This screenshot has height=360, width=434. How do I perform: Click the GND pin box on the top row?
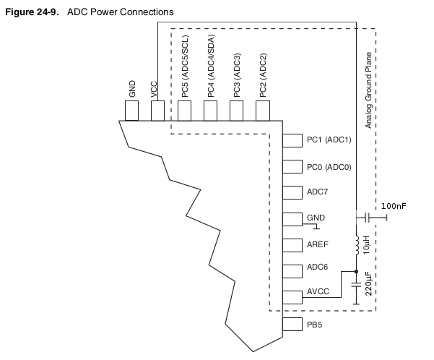132,111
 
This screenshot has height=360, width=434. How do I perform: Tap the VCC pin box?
157,111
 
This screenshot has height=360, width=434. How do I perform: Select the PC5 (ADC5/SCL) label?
185,72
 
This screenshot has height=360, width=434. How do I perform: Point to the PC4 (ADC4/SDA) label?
210,72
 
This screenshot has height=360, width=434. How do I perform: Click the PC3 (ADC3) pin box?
236,111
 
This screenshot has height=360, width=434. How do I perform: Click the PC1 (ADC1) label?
329,140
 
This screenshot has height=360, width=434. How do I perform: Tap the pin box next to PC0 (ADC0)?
291,166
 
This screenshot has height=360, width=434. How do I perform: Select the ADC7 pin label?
318,192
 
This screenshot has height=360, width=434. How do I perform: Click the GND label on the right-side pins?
316,218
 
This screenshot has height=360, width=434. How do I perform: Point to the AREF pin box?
291,244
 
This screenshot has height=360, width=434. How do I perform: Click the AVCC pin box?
291,296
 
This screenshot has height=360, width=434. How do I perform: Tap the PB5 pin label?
314,325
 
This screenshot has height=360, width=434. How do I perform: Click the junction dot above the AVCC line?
355,272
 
